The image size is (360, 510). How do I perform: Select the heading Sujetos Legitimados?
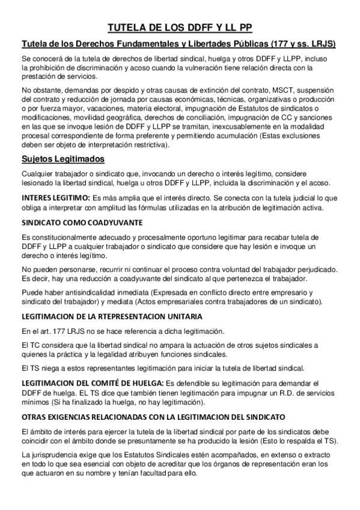63,159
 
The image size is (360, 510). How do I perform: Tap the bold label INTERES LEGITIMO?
55,198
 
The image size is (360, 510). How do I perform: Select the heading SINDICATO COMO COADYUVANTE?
81,222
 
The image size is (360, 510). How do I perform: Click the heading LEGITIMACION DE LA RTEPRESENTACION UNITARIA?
111,316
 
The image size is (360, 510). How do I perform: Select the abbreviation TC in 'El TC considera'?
35,346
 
